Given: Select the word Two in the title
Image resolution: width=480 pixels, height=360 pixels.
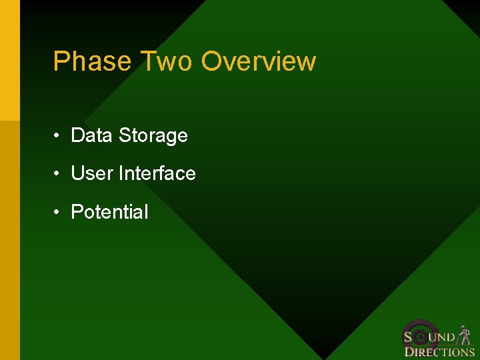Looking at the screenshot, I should coord(167,61).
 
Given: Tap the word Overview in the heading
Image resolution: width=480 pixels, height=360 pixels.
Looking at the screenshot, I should coord(259,61).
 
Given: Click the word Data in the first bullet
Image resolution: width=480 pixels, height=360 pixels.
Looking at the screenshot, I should coord(92,135).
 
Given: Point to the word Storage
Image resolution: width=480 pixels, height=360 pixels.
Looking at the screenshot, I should coord(153,136).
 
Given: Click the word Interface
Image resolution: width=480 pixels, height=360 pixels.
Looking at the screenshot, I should coord(157,173).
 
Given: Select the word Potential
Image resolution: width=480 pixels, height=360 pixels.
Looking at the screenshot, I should coord(109,212).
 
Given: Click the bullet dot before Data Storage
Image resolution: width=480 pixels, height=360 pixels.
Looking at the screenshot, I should coord(59,136).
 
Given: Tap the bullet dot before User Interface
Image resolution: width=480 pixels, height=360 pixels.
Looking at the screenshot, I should coord(59,174).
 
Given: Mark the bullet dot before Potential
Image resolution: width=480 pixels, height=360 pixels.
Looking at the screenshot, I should coord(59,213).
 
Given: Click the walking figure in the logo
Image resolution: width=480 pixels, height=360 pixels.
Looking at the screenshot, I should coord(465,334).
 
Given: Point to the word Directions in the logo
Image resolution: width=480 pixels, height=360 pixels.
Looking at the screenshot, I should coord(439,352).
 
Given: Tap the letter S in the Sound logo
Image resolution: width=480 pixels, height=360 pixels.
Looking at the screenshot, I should coord(408,337).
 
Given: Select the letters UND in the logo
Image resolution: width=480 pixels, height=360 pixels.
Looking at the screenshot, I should coord(445,337).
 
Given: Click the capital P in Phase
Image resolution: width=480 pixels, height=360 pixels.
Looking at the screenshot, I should coord(61,61).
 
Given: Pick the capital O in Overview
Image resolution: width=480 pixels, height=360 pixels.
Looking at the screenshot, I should coord(212,61).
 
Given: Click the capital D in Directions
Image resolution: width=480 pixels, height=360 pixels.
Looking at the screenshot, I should coord(409,352).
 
